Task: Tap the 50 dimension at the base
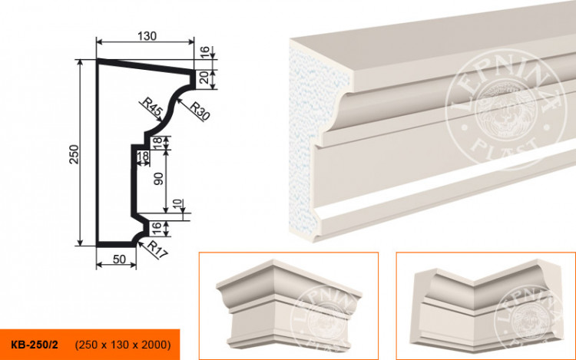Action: tap(118, 259)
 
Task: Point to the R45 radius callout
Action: tap(151, 108)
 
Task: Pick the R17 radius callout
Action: tap(157, 248)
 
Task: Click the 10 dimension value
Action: tap(178, 206)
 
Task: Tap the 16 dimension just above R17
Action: tap(158, 226)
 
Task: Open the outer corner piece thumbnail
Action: tap(288, 305)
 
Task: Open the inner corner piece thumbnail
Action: tap(485, 305)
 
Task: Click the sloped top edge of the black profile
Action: tap(144, 66)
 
